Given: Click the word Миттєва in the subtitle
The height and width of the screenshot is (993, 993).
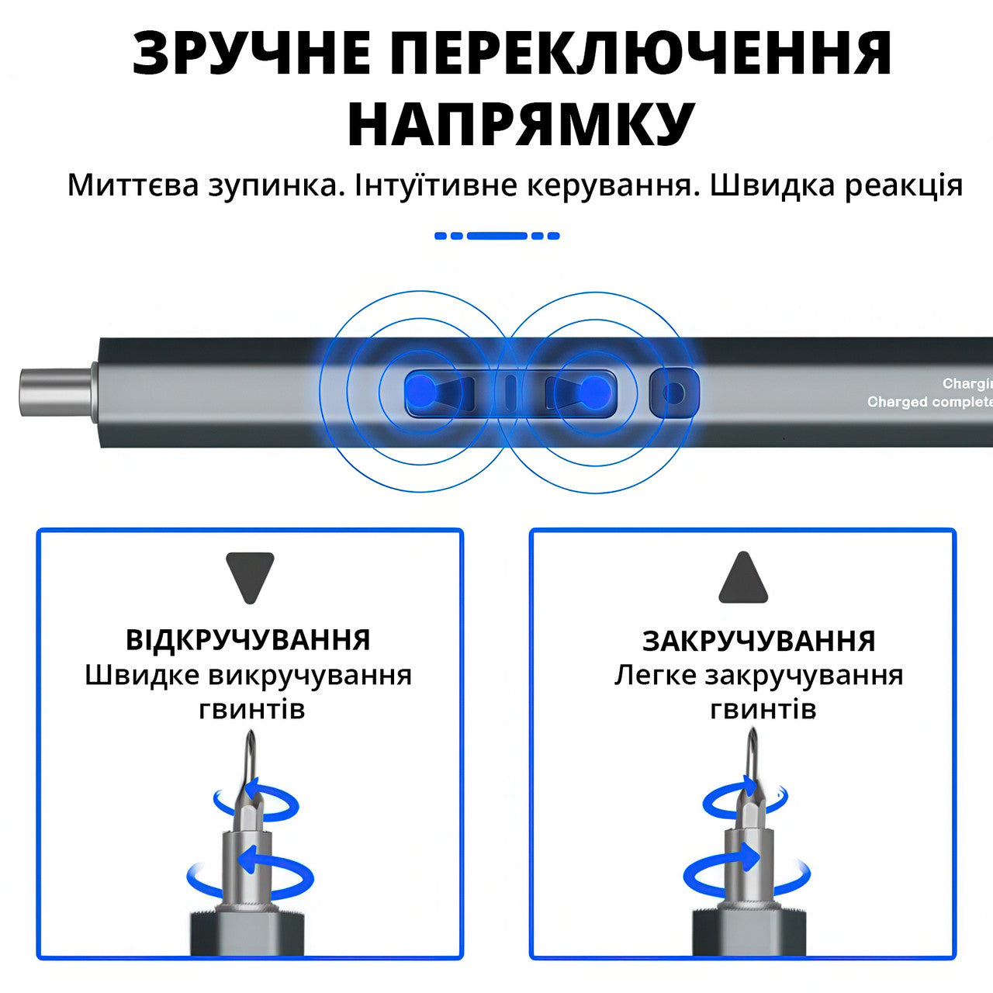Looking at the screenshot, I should click(x=133, y=185).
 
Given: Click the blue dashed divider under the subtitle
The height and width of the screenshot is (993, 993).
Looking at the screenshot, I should click(x=497, y=236).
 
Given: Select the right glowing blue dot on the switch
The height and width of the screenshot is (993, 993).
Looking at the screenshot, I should click(x=593, y=391).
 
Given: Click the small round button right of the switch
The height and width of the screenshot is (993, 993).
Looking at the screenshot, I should click(x=674, y=392).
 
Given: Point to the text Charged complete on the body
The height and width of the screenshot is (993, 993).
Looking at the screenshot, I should click(x=929, y=402).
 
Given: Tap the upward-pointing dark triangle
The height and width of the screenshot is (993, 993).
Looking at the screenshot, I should click(x=743, y=578).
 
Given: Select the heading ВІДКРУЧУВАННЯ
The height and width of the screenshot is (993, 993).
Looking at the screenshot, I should click(x=248, y=640).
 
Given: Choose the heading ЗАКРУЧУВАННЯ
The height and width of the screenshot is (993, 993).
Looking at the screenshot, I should click(x=759, y=641).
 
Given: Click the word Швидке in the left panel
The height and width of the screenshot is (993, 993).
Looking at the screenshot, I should click(x=141, y=675).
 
